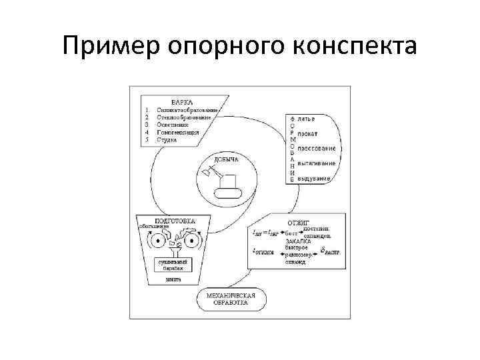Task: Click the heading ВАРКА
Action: click(x=183, y=103)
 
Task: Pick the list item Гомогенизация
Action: click(x=178, y=133)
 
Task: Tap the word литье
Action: click(x=307, y=120)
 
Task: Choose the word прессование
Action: click(x=316, y=148)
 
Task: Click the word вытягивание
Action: click(x=316, y=163)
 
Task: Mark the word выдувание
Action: click(x=315, y=179)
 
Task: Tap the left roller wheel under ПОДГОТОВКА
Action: click(x=156, y=241)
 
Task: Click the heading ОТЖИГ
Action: click(x=297, y=222)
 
